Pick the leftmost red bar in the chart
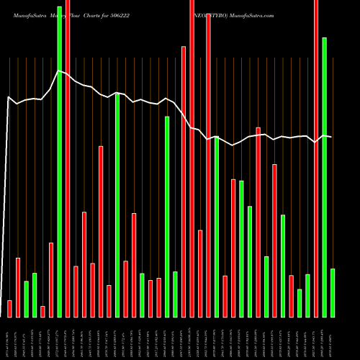[9, 308]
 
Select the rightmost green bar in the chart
[333, 292]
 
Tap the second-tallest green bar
[325, 177]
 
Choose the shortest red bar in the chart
[42, 311]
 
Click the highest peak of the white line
[59, 70]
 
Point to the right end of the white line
[332, 137]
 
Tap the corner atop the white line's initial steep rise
[8, 96]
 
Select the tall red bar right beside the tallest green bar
[68, 158]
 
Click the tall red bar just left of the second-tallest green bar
[316, 158]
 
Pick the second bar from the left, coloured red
[18, 287]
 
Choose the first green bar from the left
[26, 299]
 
